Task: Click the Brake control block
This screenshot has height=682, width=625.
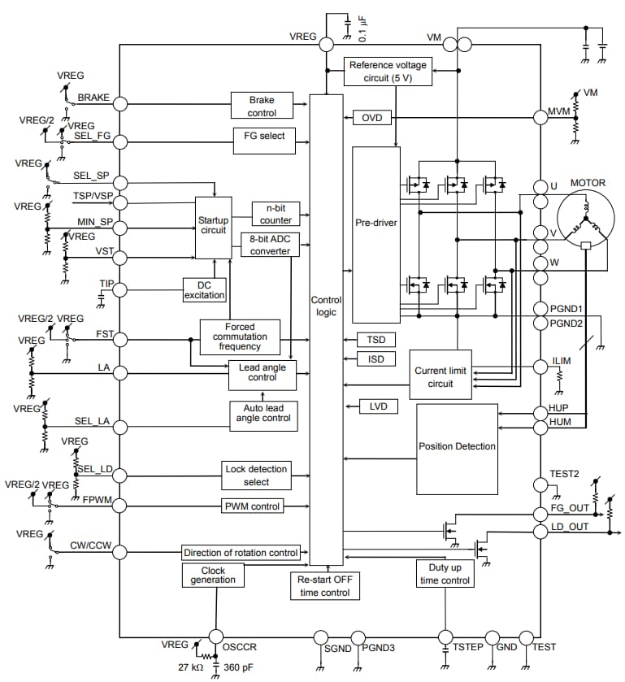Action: coord(262,106)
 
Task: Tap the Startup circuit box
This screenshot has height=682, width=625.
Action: coord(213,225)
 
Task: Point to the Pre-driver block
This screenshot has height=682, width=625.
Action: coord(375,222)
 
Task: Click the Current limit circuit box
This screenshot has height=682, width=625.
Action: coord(441,376)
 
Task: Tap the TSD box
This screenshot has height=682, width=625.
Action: coord(375,339)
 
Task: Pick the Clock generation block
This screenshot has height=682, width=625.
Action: coord(213,575)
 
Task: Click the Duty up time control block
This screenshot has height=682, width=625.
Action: coord(445,574)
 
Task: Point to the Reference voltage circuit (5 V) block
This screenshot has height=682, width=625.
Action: coord(387,72)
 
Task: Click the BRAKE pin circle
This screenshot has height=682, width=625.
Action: coord(119,103)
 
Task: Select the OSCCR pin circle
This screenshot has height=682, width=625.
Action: coord(215,636)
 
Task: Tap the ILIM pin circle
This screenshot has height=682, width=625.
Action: coord(540,367)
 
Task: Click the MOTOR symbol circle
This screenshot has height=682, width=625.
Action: coord(586,222)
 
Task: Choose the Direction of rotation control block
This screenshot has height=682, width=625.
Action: coord(241,553)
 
